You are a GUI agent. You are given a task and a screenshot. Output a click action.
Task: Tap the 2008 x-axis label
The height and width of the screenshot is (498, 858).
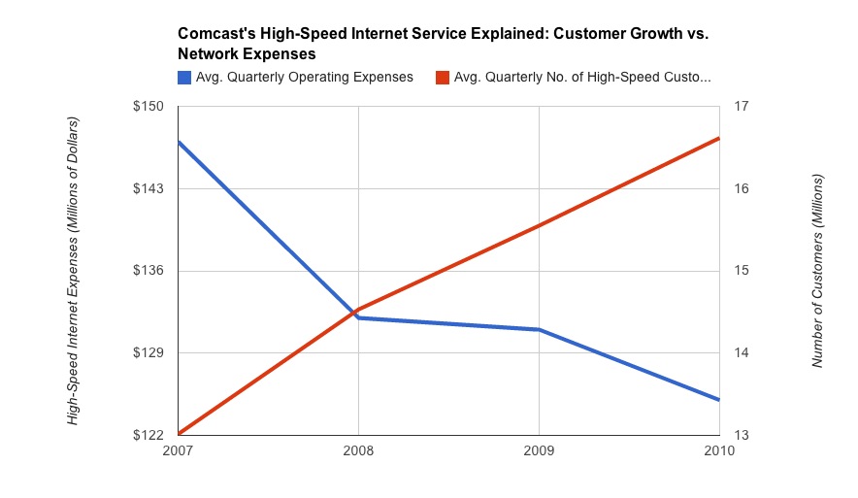[359, 452]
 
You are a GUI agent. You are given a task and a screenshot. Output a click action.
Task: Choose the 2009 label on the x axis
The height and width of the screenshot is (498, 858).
[539, 452]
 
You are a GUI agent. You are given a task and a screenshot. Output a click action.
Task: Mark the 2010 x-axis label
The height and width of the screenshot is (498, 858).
[717, 452]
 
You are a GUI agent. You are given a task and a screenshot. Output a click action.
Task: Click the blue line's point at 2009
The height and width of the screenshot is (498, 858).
[539, 330]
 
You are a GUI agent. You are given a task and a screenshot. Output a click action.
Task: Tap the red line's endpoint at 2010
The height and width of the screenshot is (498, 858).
[718, 139]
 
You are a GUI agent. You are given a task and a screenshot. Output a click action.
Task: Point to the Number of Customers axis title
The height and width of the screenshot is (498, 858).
[817, 271]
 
